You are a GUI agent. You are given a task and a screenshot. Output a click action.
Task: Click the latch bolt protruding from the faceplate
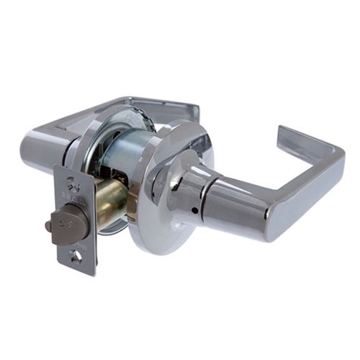(x=72, y=220)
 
